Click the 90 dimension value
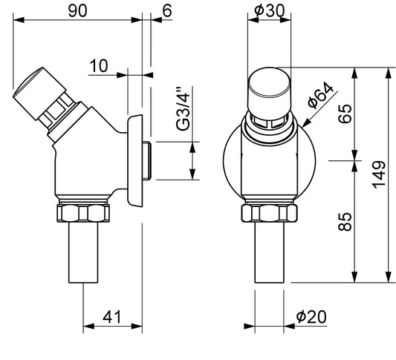(x=77, y=11)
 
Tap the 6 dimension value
(x=167, y=10)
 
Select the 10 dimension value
(x=99, y=66)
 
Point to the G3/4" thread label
(x=183, y=109)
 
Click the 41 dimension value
(x=112, y=317)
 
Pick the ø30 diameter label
(x=270, y=11)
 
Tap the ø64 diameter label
(x=320, y=95)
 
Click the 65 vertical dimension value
(x=345, y=114)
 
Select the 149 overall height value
(x=379, y=174)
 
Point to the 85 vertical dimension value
(x=345, y=222)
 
